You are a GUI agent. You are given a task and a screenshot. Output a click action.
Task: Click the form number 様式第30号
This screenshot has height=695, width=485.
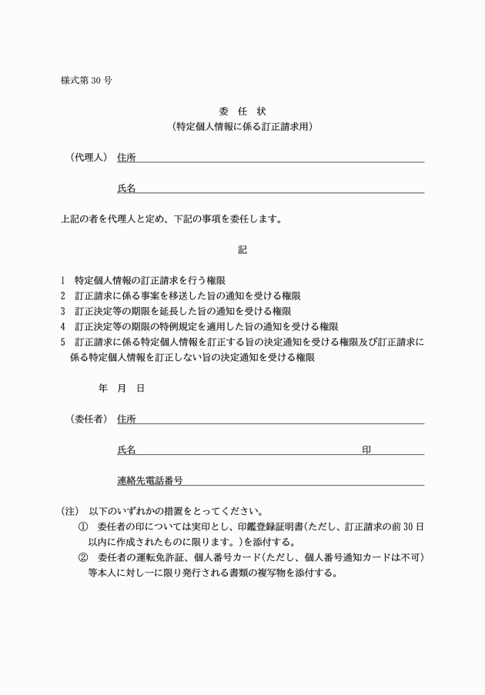85,80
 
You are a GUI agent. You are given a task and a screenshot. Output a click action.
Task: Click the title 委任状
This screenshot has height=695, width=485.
242,111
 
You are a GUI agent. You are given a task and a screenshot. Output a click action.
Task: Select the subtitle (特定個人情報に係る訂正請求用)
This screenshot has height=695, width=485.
242,126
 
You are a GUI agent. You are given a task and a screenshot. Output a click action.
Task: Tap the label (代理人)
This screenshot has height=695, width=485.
88,157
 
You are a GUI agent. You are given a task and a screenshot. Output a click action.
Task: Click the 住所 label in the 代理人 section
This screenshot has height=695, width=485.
126,157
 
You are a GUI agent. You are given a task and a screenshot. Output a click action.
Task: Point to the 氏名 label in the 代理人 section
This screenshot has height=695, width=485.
126,188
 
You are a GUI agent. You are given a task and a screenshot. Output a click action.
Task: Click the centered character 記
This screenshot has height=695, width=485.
242,250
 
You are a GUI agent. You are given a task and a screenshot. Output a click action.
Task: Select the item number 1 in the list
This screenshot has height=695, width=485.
62,280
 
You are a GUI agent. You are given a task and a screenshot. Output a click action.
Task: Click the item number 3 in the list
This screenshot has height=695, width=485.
62,311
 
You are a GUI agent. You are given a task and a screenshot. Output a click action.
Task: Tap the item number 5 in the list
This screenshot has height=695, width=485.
62,342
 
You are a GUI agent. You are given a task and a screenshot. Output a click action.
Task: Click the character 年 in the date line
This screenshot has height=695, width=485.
102,389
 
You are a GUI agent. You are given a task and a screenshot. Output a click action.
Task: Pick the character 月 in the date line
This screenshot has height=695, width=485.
122,389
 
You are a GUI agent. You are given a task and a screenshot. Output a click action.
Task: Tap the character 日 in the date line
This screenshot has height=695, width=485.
140,389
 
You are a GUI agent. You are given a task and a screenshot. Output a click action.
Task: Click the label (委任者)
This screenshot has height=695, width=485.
88,419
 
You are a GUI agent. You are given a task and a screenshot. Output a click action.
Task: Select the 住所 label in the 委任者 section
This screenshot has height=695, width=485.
126,419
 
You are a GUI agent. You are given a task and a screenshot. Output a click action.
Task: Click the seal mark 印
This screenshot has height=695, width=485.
366,449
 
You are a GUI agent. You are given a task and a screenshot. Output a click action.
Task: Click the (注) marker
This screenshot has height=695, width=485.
70,511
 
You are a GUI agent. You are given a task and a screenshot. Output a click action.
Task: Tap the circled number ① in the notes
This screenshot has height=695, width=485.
83,526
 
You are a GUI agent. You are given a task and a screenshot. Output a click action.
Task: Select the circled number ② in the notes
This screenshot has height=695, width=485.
83,557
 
